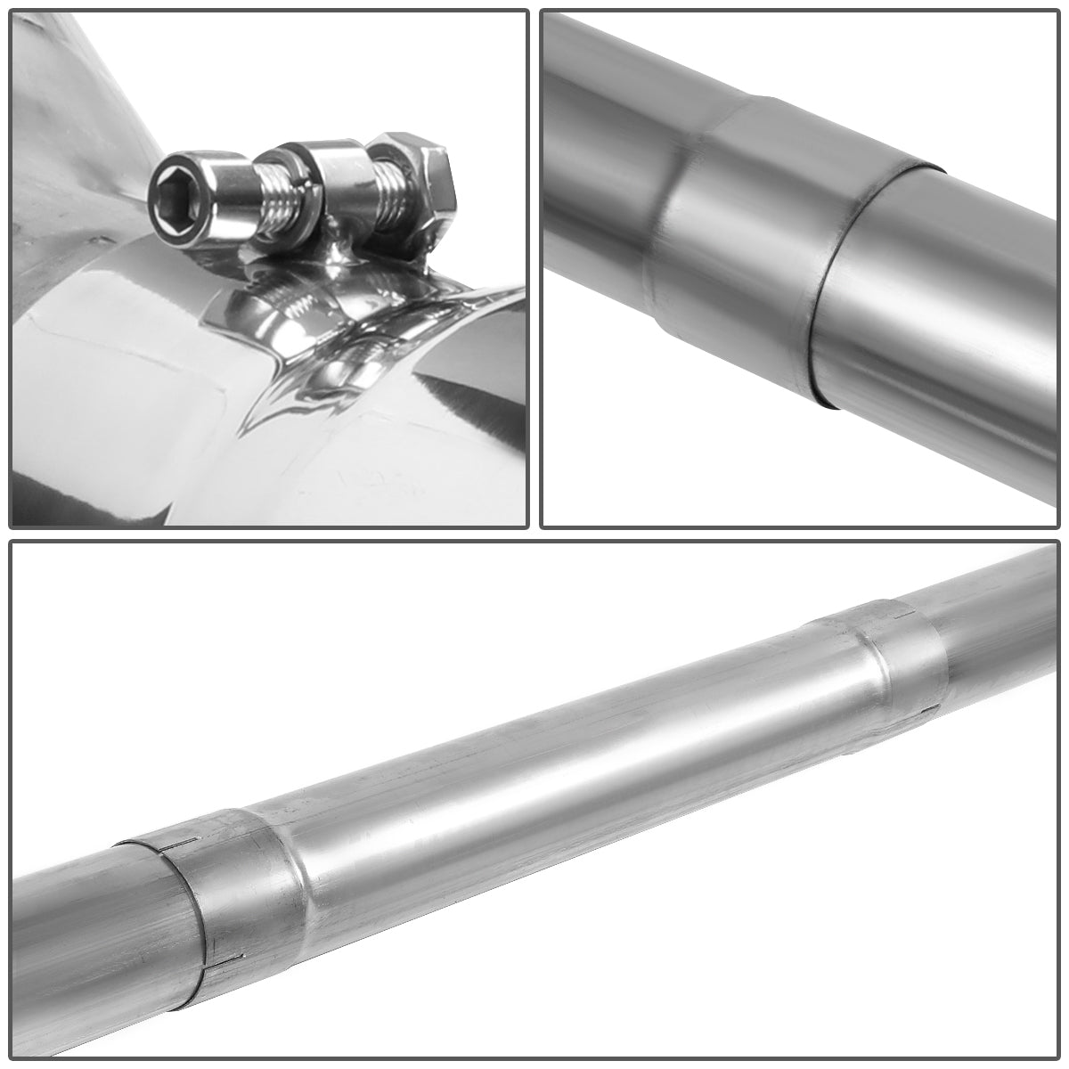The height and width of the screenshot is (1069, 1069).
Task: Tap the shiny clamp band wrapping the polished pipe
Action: click(294, 330)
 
